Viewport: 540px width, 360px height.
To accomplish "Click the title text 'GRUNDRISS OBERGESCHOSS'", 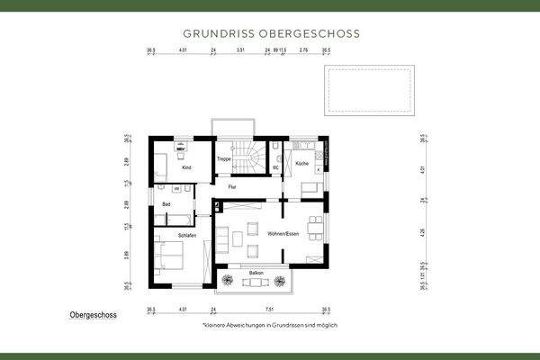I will click(x=270, y=33).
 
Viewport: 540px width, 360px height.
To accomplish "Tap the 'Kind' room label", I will click(x=186, y=167).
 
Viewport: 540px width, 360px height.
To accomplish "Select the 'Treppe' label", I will click(x=224, y=159).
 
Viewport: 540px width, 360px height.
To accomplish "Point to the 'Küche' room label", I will click(x=301, y=163).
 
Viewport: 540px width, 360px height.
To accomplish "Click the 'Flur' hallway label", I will click(x=231, y=186).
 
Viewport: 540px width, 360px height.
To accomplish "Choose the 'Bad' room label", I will click(x=166, y=205).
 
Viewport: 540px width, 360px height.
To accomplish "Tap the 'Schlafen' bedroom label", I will click(x=187, y=235).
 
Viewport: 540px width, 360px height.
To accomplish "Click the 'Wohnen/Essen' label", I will click(x=283, y=233).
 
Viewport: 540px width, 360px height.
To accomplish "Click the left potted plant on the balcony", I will click(x=224, y=283).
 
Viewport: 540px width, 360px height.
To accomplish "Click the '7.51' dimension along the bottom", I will click(x=270, y=308).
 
